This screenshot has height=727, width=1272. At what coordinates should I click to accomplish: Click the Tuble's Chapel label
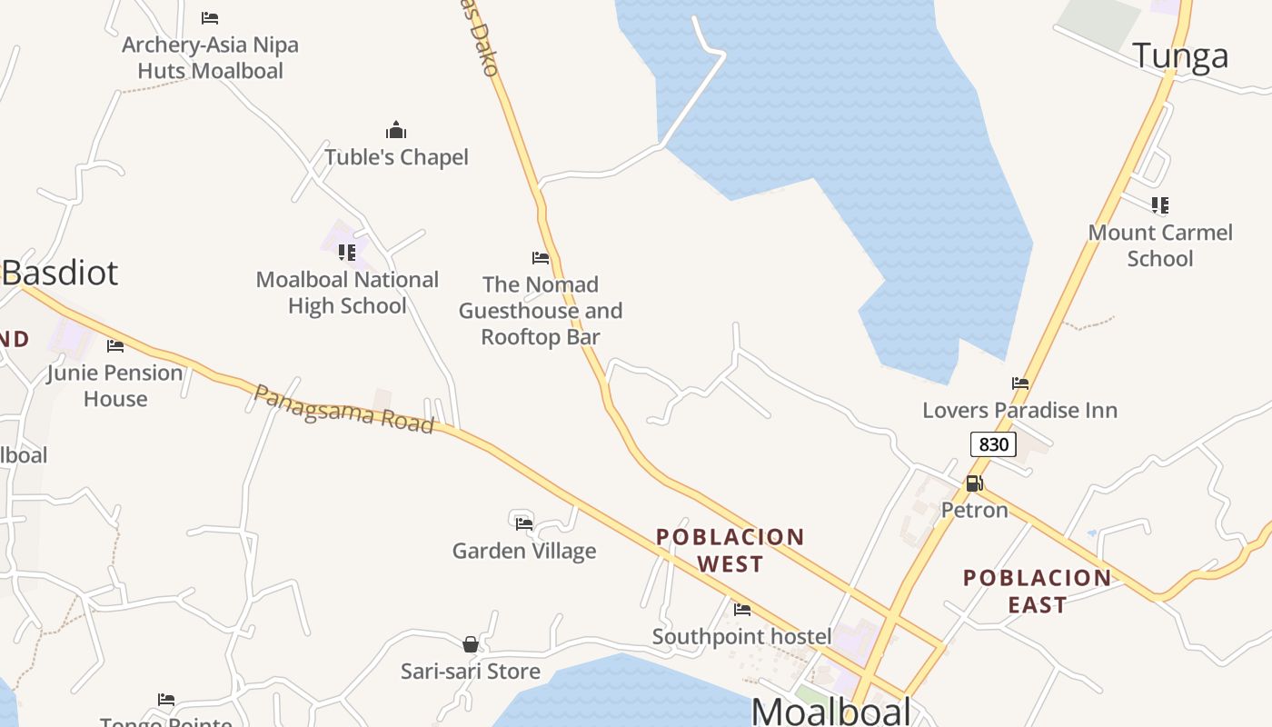[x=396, y=157]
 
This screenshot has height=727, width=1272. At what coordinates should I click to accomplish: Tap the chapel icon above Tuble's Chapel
[x=396, y=130]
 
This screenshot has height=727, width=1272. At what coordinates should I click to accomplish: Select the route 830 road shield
[x=993, y=444]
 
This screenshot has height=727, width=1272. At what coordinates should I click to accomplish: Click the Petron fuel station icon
[x=974, y=483]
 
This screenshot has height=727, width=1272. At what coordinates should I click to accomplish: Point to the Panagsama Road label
[x=343, y=409]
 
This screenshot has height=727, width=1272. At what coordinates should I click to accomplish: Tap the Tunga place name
[x=1180, y=56]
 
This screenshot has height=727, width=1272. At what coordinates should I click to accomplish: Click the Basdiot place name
[x=60, y=273]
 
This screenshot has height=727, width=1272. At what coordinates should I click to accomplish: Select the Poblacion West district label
[x=730, y=551]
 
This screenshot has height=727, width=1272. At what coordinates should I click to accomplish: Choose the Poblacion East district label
[x=1037, y=591]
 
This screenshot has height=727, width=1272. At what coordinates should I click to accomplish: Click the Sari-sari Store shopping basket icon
[x=471, y=644]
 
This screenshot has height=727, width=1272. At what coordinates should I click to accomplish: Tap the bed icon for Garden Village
[x=524, y=523]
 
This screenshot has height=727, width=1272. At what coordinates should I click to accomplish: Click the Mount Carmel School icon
[x=1159, y=205]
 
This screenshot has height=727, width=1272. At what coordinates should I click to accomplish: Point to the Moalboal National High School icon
[x=346, y=252]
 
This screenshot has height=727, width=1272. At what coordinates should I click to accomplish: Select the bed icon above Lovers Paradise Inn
[x=1020, y=383]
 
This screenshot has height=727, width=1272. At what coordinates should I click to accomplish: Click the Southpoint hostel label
[x=741, y=637]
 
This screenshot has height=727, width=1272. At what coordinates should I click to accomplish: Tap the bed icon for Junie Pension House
[x=115, y=345]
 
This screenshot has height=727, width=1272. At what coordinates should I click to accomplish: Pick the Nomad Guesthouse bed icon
[x=541, y=258]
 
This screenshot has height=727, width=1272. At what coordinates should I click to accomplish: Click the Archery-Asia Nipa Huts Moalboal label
[x=210, y=57]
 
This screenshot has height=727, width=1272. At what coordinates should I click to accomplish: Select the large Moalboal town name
[x=831, y=711]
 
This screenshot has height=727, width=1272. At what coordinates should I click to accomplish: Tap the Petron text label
[x=974, y=510]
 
